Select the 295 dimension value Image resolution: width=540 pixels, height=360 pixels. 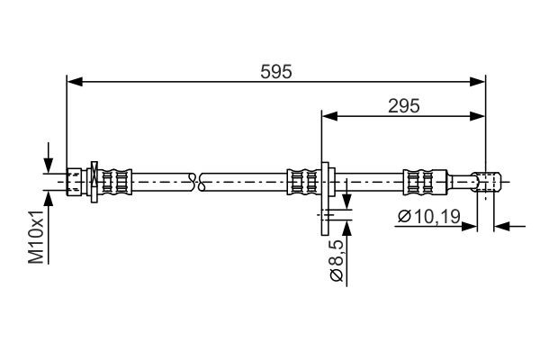(x=405, y=105)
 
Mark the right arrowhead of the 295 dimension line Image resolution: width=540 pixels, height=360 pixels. (x=479, y=115)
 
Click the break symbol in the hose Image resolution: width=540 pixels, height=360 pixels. (x=200, y=180)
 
